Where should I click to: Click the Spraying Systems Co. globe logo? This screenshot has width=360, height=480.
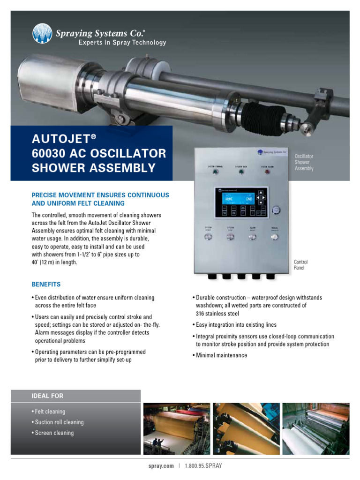coord(42,34)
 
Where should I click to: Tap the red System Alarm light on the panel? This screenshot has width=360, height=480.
coord(267,172)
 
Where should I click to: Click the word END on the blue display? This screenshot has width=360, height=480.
coord(249,199)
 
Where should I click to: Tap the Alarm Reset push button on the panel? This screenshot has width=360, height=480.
coord(253,238)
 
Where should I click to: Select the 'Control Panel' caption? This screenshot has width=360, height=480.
coord(300,265)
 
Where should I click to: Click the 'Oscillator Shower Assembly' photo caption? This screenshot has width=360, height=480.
coord(304,162)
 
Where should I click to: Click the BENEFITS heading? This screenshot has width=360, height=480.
coord(46,285)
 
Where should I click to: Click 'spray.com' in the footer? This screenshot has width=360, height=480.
coord(161,466)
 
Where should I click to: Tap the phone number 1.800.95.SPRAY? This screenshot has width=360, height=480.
coord(203,466)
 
